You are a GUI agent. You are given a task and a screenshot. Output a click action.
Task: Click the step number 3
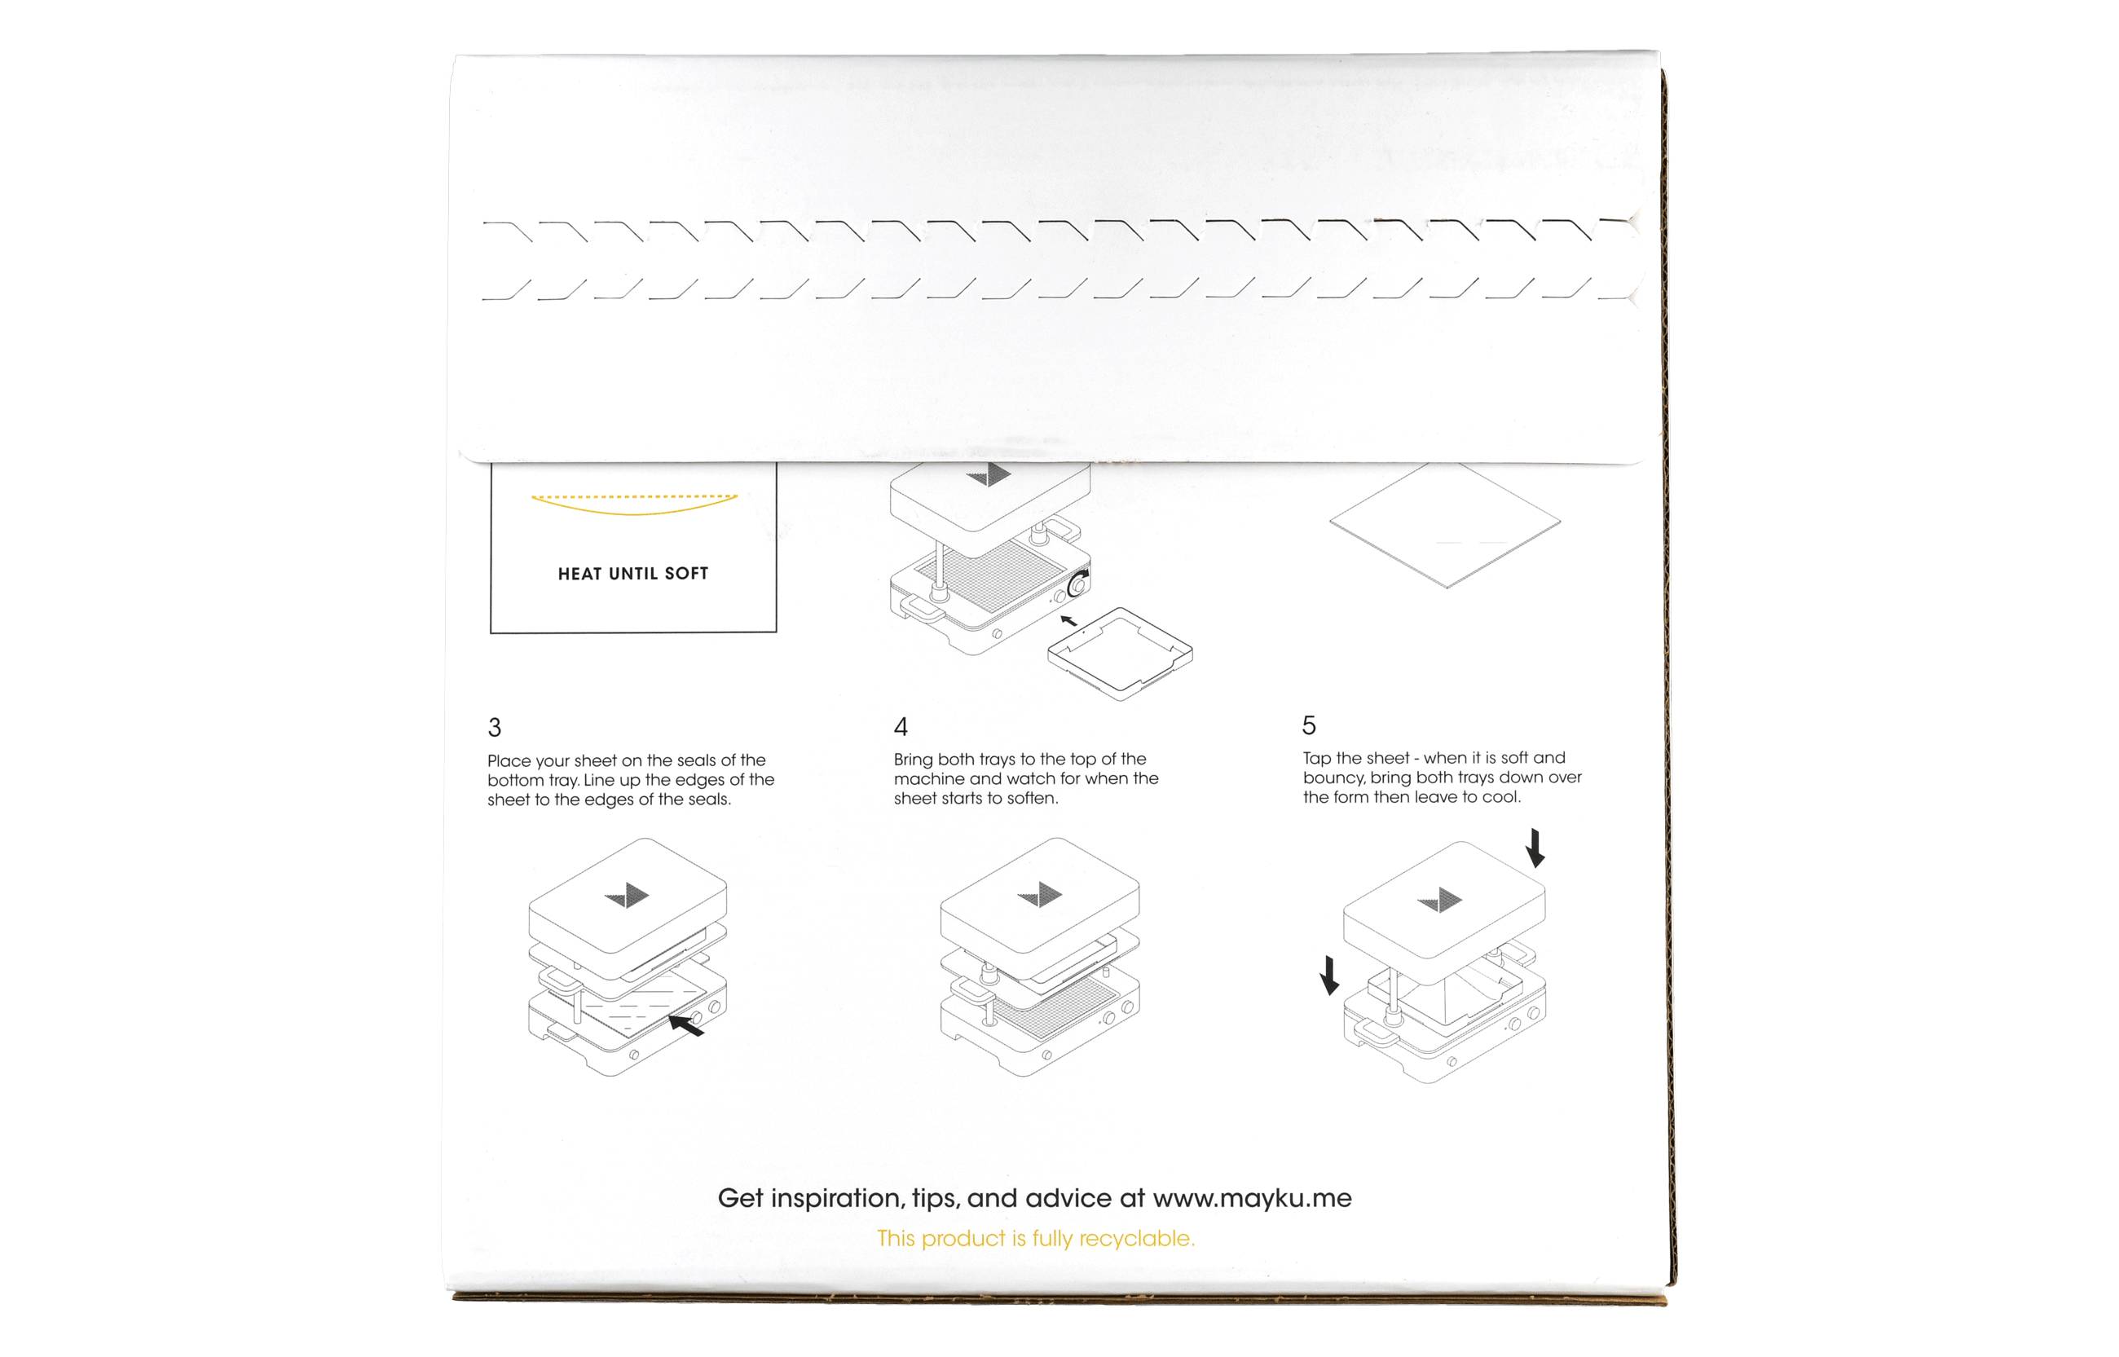tap(494, 727)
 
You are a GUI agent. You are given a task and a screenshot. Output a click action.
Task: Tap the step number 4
tap(901, 726)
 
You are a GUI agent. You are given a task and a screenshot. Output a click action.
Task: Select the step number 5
tap(1308, 725)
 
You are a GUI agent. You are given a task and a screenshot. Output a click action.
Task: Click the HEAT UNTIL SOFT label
tap(632, 574)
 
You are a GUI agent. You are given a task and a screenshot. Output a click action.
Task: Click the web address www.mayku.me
tap(1251, 1198)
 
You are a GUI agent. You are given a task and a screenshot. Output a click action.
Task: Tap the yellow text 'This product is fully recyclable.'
tap(1035, 1238)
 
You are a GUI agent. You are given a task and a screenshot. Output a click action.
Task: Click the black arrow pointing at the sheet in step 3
tap(686, 1024)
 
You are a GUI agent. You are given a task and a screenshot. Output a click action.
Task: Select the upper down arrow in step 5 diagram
tap(1535, 848)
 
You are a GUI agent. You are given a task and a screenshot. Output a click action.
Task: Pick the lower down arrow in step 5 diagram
tap(1329, 976)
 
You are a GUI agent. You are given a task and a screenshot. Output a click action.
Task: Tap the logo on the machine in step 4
tap(1041, 894)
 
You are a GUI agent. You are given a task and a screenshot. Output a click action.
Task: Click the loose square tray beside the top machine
tap(1120, 653)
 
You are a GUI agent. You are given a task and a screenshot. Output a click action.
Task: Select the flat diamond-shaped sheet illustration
tap(1445, 524)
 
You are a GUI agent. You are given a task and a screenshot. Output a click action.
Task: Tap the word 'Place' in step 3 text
tap(509, 760)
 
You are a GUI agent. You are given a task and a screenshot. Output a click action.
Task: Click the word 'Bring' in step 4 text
tap(913, 759)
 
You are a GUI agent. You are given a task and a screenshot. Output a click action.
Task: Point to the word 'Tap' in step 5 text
tap(1317, 758)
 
